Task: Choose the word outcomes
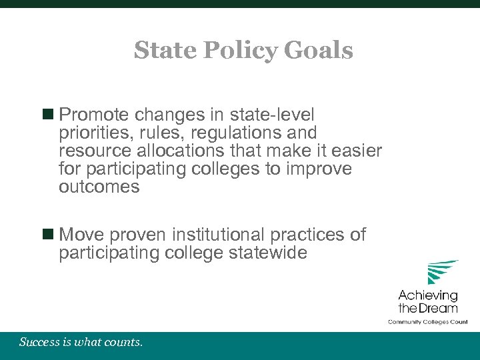click(99, 187)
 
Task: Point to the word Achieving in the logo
click(428, 295)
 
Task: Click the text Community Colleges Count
click(428, 322)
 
